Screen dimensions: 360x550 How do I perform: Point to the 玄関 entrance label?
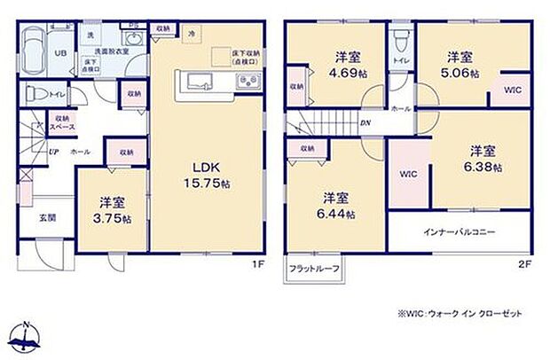[46, 215]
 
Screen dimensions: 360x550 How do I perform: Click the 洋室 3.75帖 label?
[110, 207]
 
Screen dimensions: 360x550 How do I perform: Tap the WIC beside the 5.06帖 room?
[513, 90]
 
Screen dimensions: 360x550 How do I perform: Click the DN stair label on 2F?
[365, 124]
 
